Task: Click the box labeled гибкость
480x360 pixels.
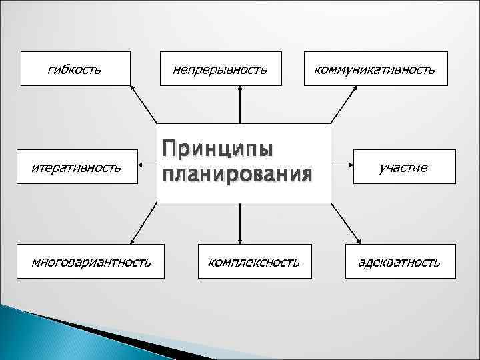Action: coord(75,69)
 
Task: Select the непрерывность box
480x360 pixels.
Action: coord(220,69)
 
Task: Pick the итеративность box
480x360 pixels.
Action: coord(75,167)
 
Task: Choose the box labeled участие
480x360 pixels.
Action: coord(403,167)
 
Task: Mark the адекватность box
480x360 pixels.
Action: coord(399,261)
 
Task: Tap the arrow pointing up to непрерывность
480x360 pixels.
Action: coord(240,105)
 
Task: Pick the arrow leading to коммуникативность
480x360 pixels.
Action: coord(344,104)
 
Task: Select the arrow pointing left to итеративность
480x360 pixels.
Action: coord(148,167)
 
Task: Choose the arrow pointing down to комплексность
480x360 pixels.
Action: coord(240,223)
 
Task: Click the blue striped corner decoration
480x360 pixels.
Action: coord(40,333)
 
